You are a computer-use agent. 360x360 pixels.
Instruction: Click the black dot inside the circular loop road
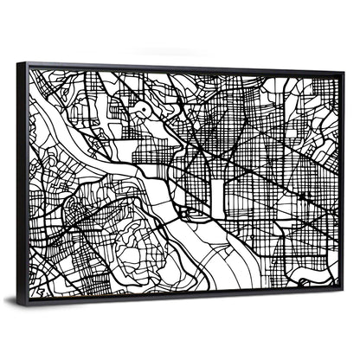pos(139,110)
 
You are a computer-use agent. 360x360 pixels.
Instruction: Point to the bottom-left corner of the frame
pos(20,304)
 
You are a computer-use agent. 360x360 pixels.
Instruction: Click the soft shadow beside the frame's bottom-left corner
pos(10,302)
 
